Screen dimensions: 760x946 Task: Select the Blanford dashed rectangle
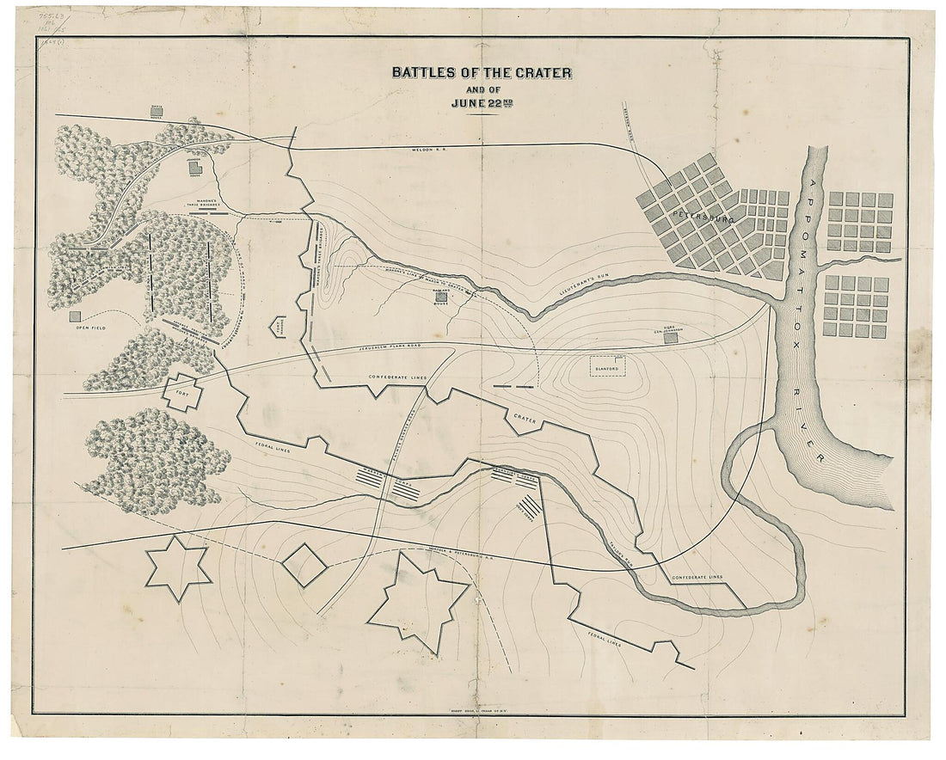click(606, 365)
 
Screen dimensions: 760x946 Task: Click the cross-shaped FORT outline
click(182, 393)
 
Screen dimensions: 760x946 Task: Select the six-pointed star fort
click(177, 567)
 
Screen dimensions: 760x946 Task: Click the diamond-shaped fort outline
click(304, 565)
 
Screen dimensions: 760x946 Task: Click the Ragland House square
click(441, 297)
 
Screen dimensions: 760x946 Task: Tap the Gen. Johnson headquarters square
click(671, 338)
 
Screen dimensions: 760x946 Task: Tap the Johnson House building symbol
click(196, 167)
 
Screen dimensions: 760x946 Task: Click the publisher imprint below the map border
click(471, 722)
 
